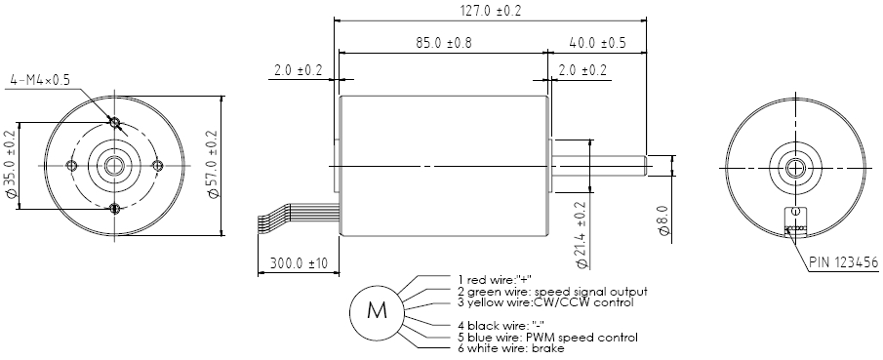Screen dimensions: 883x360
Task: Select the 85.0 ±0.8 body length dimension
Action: click(x=444, y=43)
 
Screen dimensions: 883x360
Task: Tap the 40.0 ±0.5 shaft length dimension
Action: click(x=598, y=43)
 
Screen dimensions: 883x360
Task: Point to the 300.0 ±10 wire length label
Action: click(x=298, y=263)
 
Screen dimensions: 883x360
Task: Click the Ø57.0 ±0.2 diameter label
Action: click(x=213, y=164)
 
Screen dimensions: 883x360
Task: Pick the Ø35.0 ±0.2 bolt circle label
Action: click(x=10, y=164)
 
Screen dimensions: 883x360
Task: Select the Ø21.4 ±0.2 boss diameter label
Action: click(x=581, y=234)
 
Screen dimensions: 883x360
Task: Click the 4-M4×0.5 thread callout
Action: click(x=40, y=80)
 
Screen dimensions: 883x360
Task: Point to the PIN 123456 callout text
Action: click(x=844, y=262)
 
